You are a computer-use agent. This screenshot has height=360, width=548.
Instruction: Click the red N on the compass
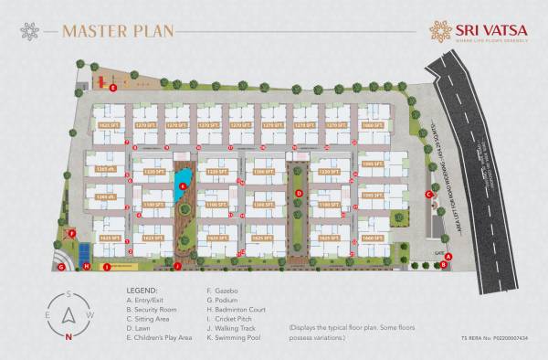click(x=68, y=336)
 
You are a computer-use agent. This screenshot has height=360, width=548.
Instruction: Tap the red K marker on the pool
click(x=183, y=185)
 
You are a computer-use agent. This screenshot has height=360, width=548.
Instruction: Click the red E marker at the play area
click(x=112, y=89)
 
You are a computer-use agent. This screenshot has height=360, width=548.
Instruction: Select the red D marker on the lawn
click(x=298, y=194)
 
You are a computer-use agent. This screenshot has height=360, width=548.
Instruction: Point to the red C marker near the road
click(x=428, y=194)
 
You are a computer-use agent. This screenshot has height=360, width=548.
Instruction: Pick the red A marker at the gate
click(x=445, y=265)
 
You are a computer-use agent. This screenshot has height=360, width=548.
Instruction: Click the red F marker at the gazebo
click(x=71, y=233)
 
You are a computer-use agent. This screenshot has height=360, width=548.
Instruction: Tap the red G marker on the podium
click(x=61, y=268)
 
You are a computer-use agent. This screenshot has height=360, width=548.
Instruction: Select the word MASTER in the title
click(x=95, y=31)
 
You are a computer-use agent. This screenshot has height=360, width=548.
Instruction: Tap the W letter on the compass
click(x=90, y=314)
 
